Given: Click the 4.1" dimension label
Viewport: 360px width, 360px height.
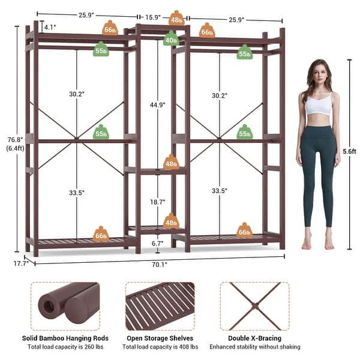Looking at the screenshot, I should point(50,27).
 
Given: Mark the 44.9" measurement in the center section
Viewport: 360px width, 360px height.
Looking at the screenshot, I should point(157,104).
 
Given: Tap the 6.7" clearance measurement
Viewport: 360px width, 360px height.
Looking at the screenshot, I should point(157,243).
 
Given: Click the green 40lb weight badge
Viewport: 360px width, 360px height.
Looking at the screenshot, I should point(171,40).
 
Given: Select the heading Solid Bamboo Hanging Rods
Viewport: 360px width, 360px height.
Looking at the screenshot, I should point(64,338).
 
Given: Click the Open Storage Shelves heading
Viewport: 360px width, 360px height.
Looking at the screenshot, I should point(160,338).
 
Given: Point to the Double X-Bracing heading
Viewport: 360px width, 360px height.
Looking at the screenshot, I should point(254,338).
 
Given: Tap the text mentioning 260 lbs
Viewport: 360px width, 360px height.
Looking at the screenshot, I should point(64,347).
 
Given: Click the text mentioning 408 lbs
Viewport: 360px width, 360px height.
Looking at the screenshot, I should point(160,347).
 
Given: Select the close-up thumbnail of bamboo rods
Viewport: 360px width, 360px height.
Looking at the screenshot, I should point(64,306).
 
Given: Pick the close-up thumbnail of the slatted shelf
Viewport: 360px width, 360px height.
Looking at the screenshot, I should point(160,306).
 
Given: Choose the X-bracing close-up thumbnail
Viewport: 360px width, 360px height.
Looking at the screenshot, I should point(254,306).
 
